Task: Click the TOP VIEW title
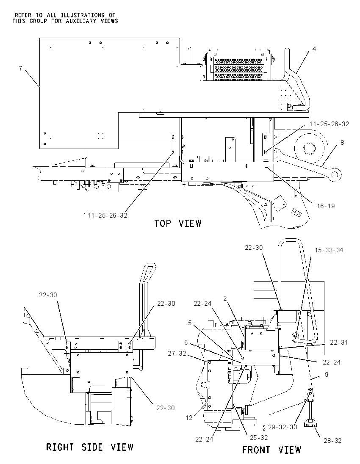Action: click(x=177, y=223)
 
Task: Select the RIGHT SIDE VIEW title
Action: click(x=90, y=447)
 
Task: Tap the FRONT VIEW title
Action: click(x=271, y=450)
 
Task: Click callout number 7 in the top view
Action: click(x=20, y=68)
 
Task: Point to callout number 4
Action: click(x=314, y=49)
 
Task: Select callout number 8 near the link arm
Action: click(x=342, y=143)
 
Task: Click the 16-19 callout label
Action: click(x=326, y=206)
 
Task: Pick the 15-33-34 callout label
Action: click(x=329, y=250)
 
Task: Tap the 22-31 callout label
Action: click(x=339, y=342)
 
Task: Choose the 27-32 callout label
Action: click(x=177, y=353)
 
